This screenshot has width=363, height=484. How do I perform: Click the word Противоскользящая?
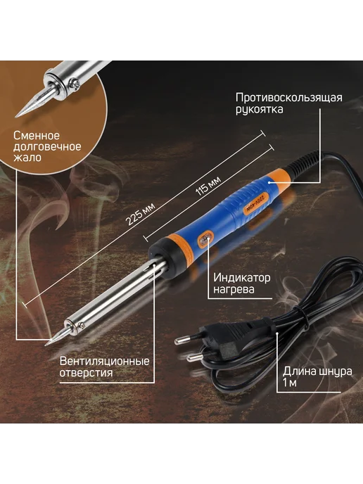tap(289, 98)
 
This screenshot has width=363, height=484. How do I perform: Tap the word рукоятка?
tap(260, 110)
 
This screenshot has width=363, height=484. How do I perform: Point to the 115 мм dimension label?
tap(209, 186)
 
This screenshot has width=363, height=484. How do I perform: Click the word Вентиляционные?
tap(104, 361)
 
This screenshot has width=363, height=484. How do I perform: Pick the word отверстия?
tap(86, 373)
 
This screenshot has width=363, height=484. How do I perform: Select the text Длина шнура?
tap(317, 371)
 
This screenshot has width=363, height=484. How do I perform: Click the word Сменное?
tap(37, 136)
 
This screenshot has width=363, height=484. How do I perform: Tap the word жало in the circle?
tap(27, 158)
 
